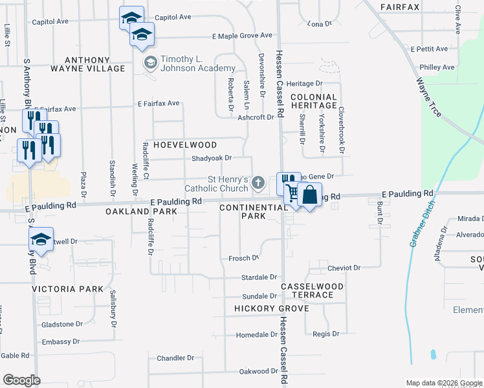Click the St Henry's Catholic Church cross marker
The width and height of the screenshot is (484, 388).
258,183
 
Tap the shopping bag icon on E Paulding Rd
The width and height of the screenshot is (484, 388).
310,194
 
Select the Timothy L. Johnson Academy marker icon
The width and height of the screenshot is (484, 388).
150,62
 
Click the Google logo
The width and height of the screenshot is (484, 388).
21,380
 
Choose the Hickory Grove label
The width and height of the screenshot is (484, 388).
272,309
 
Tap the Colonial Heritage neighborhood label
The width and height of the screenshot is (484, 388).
314,101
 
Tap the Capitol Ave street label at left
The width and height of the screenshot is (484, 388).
50,21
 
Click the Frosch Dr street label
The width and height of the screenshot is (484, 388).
244,258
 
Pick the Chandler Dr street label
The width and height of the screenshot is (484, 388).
175,358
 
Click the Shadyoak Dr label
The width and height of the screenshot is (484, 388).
212,158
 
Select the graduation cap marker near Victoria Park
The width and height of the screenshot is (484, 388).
41,239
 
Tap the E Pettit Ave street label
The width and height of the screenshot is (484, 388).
429,49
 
